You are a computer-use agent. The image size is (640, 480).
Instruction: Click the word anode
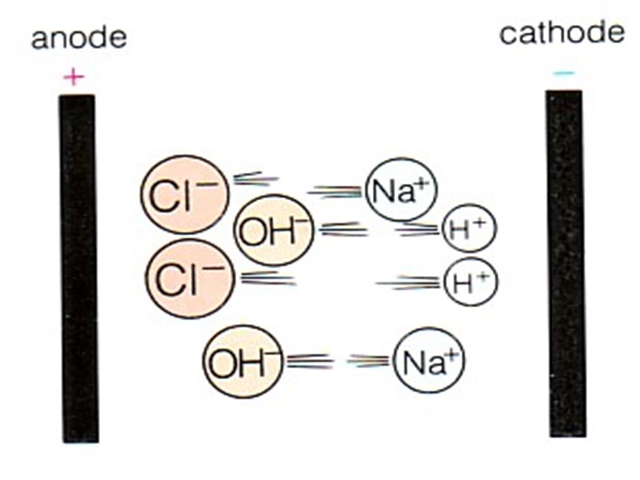pos(78,39)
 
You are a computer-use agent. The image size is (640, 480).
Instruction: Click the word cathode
pos(562,34)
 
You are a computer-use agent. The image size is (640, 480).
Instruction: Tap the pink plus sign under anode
pos(74,77)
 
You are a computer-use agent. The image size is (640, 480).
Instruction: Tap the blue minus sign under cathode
pos(563,74)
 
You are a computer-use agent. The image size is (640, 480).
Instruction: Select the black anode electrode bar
pos(78,268)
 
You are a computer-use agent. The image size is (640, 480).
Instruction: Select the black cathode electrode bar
pos(566,263)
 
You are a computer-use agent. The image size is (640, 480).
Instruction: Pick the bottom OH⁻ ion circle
pos(243,362)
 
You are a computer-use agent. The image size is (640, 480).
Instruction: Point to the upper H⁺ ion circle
pos(470,230)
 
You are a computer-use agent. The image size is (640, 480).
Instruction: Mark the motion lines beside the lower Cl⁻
pos(267,278)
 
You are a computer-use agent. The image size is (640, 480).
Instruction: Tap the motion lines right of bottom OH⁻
pos(310,361)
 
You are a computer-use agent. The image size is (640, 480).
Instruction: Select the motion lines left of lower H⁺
pos(410,282)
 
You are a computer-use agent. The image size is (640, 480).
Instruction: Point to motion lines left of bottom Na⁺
pos(369,361)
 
